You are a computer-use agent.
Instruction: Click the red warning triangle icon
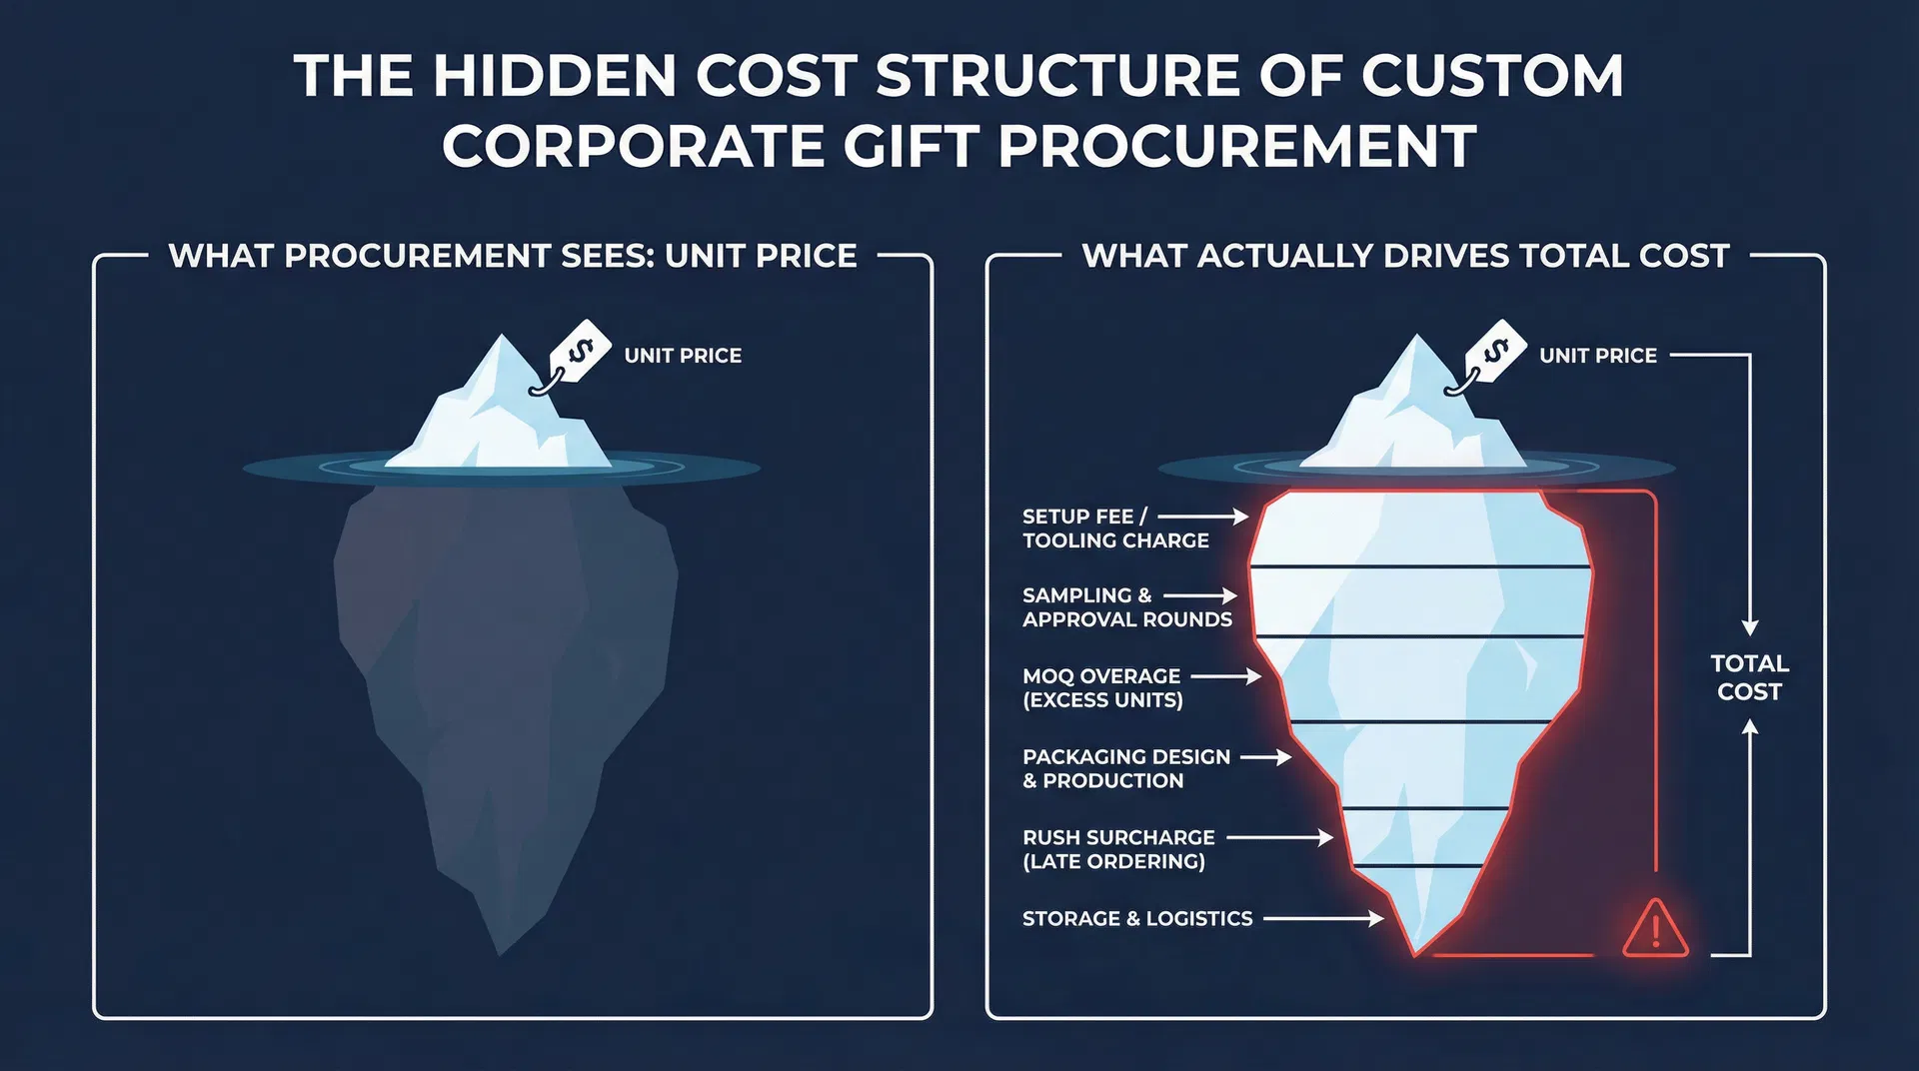1655,928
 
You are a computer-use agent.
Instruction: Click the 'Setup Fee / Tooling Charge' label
1115,529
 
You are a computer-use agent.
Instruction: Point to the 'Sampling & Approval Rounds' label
1127,607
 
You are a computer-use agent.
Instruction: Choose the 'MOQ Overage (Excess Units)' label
1102,688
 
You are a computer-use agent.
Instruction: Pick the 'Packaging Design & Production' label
1126,769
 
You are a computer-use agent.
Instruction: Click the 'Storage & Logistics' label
1137,918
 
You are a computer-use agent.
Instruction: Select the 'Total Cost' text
1749,677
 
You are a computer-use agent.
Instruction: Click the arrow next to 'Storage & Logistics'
1324,918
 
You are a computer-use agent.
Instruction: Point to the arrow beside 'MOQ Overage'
1226,676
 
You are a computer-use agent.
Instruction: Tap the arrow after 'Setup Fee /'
1203,517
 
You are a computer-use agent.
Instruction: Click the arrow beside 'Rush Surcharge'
1280,837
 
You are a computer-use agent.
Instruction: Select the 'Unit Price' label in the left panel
683,356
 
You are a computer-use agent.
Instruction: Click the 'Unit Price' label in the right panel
1598,356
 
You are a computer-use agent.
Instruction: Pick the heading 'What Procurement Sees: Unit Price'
513,256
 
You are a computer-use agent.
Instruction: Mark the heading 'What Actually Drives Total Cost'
1405,256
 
